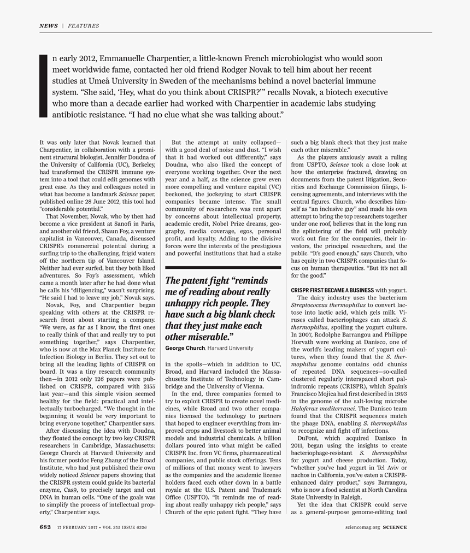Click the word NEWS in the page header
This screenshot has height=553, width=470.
[48, 26]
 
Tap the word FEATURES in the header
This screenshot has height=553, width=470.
[83, 26]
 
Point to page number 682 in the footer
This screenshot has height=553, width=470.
[45, 527]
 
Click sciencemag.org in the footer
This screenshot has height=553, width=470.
[362, 528]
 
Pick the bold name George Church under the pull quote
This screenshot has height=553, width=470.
[185, 348]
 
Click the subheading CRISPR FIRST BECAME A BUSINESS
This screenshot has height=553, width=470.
[332, 290]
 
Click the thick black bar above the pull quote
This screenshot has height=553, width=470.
[223, 268]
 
